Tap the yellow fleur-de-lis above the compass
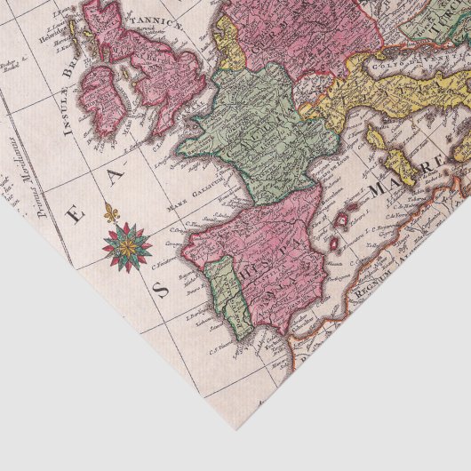coord(111,212)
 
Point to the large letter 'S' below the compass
coord(161,290)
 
